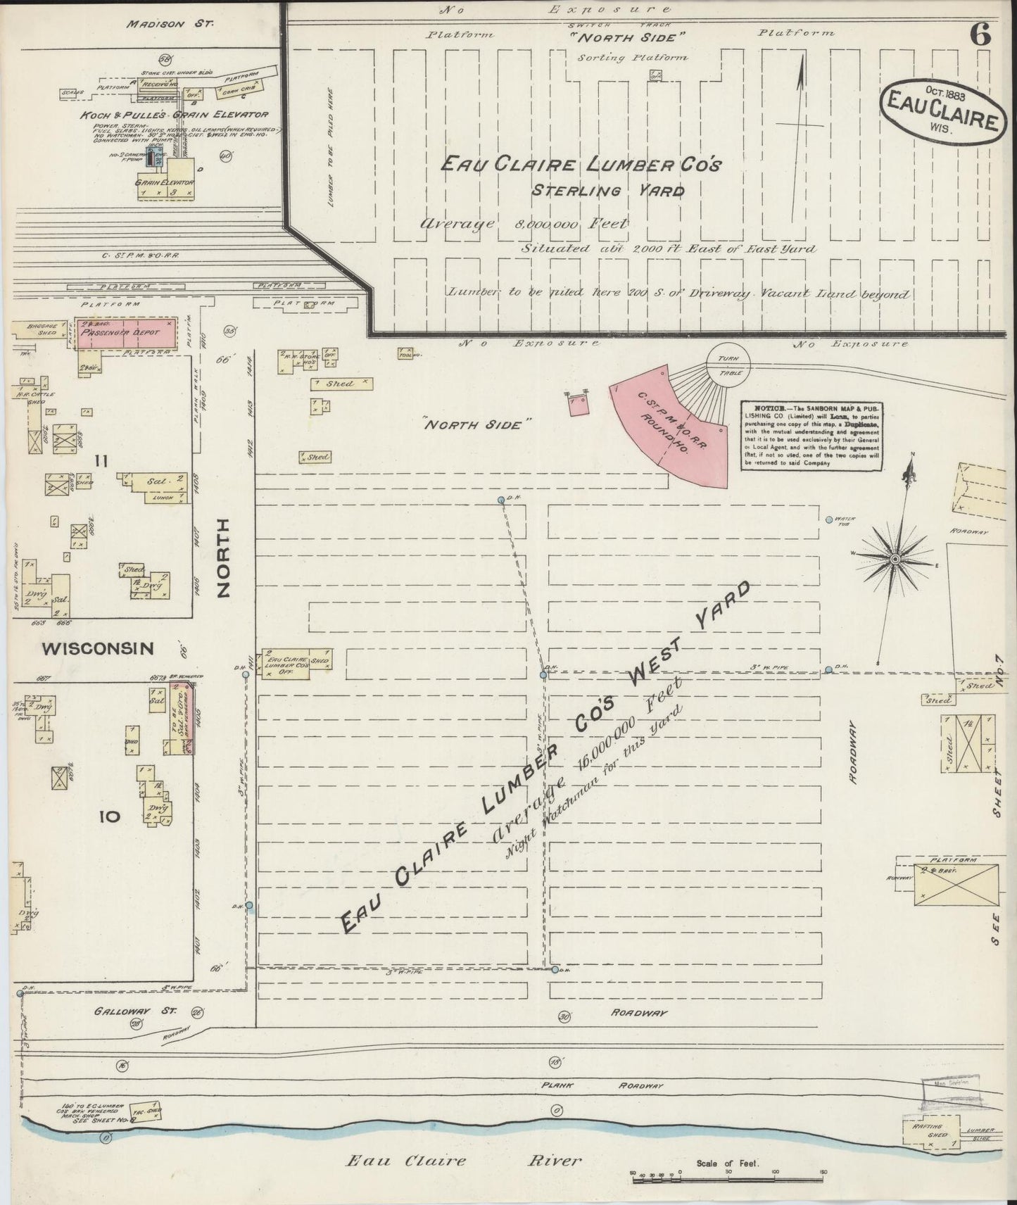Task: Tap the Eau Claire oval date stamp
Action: (942, 111)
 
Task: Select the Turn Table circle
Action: (728, 365)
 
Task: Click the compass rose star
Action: (895, 558)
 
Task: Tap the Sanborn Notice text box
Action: (811, 436)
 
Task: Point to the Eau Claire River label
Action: (463, 1160)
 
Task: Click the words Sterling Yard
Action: (607, 190)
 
